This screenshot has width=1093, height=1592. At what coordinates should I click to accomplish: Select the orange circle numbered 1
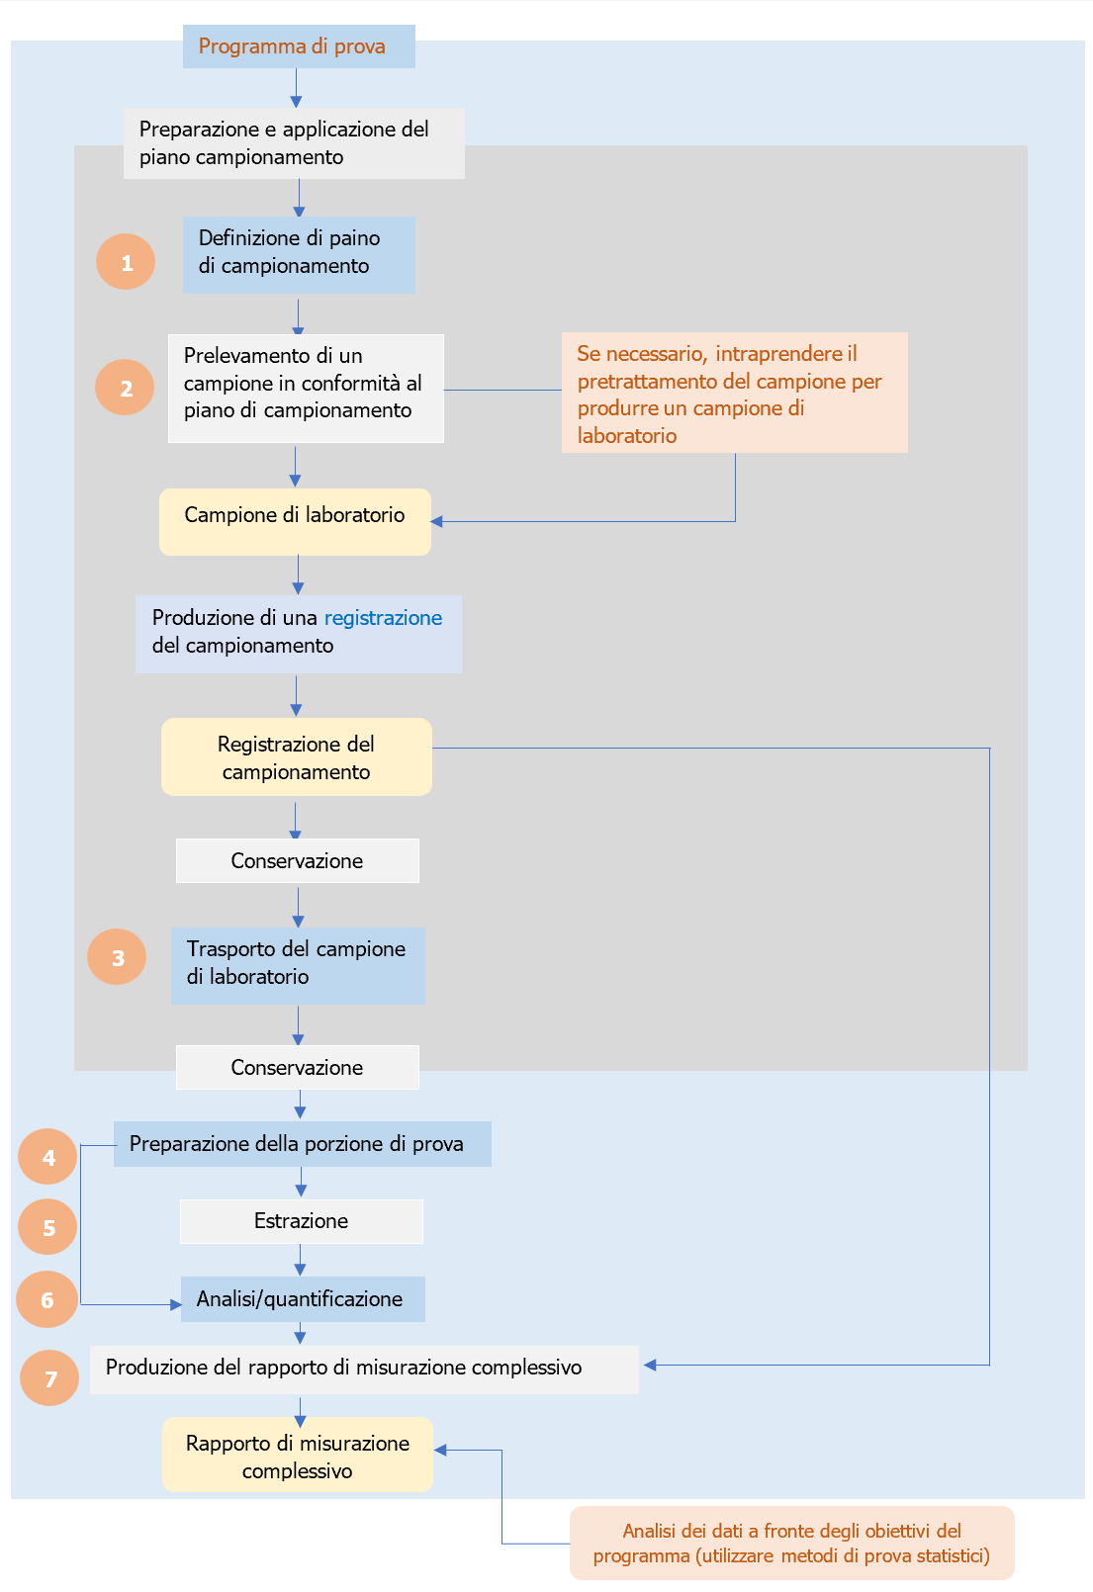(126, 262)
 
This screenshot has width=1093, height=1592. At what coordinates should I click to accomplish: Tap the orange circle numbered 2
(125, 388)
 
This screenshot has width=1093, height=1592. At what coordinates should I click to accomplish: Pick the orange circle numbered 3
(117, 957)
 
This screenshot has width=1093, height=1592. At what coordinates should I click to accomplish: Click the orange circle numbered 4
(47, 1157)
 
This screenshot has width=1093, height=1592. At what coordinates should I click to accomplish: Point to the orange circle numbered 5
(47, 1227)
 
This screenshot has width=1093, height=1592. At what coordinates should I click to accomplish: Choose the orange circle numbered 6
(46, 1299)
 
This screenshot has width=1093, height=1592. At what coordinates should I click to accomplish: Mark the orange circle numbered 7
(49, 1378)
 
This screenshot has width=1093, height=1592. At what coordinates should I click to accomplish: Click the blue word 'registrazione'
(383, 618)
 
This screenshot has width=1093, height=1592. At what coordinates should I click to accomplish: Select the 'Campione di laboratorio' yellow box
(295, 521)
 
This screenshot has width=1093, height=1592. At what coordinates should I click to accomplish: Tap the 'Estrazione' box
(301, 1221)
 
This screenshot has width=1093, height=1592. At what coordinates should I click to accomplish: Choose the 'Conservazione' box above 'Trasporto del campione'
(297, 860)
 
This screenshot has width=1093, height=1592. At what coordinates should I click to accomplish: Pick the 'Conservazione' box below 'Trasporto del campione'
(297, 1067)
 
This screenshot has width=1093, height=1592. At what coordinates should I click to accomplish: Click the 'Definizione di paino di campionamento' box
(298, 254)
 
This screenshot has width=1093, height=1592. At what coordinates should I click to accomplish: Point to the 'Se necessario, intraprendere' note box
(734, 393)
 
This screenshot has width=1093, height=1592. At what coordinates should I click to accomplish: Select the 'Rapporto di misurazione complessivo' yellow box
(297, 1455)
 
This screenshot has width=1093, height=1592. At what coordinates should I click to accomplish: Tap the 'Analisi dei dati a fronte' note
(791, 1543)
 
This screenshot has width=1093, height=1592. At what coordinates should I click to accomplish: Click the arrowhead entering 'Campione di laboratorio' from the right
(437, 521)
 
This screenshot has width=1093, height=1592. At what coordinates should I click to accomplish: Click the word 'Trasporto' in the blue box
(231, 949)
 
